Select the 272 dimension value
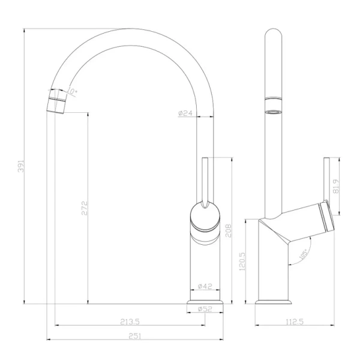[85, 208]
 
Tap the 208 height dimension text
[228, 231]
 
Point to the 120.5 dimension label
[242, 262]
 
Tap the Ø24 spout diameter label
[185, 113]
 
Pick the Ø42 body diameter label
[205, 286]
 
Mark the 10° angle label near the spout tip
[73, 92]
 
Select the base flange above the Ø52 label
[206, 301]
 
